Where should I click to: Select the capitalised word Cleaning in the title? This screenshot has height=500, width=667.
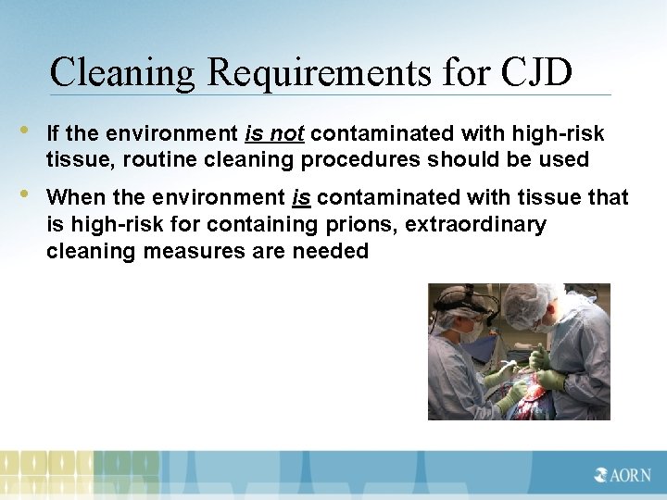[x=122, y=72]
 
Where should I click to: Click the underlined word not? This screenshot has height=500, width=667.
[x=289, y=134]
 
